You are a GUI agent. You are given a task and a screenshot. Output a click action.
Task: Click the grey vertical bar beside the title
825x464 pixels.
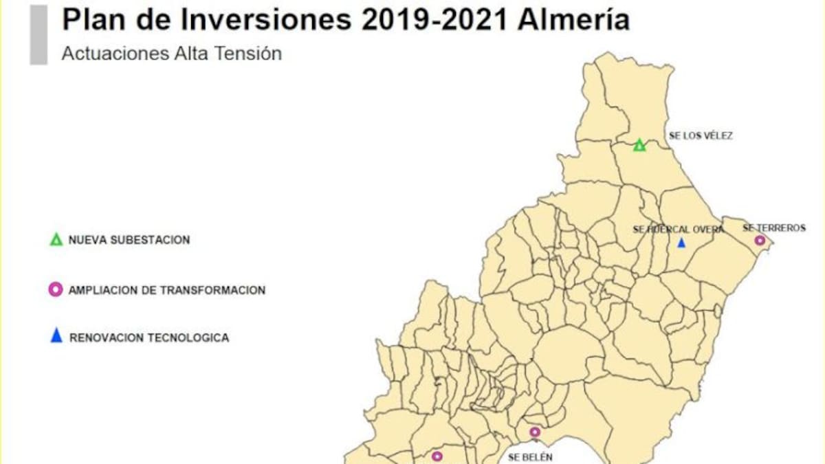(38, 34)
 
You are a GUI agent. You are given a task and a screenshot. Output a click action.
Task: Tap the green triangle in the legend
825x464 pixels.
(56, 240)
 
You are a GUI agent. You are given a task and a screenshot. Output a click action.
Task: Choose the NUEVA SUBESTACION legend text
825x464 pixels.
(129, 240)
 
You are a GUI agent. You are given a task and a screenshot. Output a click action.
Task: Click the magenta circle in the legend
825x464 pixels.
(56, 290)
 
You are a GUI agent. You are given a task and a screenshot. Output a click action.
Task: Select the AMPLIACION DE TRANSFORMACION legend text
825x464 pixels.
(166, 290)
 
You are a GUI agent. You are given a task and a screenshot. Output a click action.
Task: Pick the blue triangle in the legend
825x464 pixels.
(56, 337)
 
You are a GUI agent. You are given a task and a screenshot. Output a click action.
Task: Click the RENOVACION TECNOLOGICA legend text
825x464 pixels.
(149, 338)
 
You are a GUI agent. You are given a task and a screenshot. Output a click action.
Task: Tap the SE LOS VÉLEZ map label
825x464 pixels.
(701, 136)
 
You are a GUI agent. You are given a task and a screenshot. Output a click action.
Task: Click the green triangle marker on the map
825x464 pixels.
(639, 145)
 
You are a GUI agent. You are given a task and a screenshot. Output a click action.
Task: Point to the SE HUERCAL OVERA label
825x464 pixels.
(678, 230)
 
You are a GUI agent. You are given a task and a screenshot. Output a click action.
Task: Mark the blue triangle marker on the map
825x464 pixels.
(681, 243)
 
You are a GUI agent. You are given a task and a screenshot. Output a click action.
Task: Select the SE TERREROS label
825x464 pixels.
(774, 228)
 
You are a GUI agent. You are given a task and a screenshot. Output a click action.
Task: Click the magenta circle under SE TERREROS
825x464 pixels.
(760, 241)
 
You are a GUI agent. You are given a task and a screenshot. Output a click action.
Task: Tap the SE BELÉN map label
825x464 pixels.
(529, 456)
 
